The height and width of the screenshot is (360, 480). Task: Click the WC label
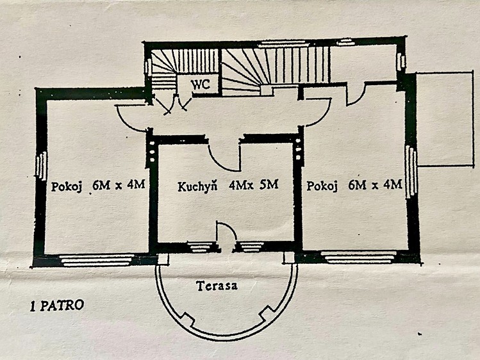coord(201,84)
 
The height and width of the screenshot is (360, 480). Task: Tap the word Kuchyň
coord(197,186)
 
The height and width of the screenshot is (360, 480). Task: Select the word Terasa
coord(217,286)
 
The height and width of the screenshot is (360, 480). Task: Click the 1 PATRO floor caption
coord(57,306)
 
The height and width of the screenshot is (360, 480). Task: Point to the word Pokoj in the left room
coord(67,186)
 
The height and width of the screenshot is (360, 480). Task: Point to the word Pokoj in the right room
coord(322,186)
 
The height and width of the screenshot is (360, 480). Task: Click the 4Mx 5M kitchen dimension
coord(254,184)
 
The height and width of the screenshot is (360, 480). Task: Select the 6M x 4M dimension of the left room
coord(119,185)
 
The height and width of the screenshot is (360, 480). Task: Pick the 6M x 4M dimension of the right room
coord(375,184)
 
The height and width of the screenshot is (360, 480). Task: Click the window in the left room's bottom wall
coord(96,259)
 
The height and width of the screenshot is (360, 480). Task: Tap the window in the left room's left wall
coord(41,166)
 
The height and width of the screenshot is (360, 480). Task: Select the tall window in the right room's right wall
coord(411,172)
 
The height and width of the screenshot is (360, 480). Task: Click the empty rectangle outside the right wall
coord(445,119)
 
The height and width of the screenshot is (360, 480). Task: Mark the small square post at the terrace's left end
coord(163,258)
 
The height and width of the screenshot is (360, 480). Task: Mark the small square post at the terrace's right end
coord(288,258)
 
